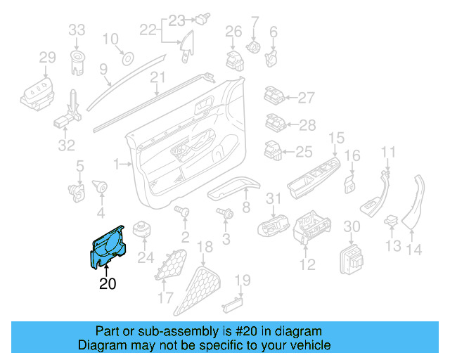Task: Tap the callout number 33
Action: (77, 30)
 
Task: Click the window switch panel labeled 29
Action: (39, 94)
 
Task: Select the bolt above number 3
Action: (226, 213)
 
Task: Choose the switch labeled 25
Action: (273, 150)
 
